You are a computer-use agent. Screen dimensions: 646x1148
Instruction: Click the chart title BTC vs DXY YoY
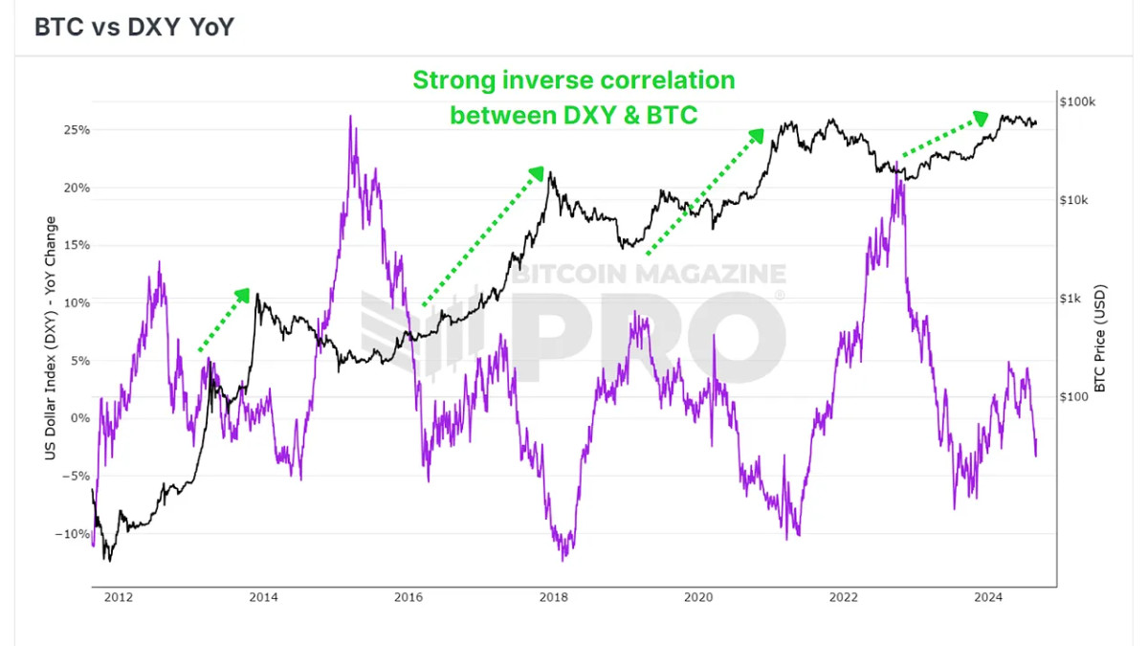[x=134, y=27]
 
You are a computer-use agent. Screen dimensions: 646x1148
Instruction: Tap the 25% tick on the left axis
[x=77, y=129]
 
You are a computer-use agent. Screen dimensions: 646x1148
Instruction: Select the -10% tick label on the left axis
[x=74, y=534]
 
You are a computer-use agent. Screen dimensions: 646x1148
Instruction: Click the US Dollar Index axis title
[x=50, y=338]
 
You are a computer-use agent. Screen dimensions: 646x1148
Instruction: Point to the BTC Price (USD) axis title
[x=1099, y=337]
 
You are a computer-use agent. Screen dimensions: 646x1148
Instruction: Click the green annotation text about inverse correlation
[x=574, y=97]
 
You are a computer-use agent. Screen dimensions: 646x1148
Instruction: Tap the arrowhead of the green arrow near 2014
[x=244, y=294]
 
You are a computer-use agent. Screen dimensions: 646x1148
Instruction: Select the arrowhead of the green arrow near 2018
[x=538, y=173]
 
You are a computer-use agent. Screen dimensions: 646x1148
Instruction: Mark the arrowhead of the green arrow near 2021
[x=758, y=135]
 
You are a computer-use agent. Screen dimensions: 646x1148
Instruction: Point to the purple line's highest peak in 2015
[x=350, y=117]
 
